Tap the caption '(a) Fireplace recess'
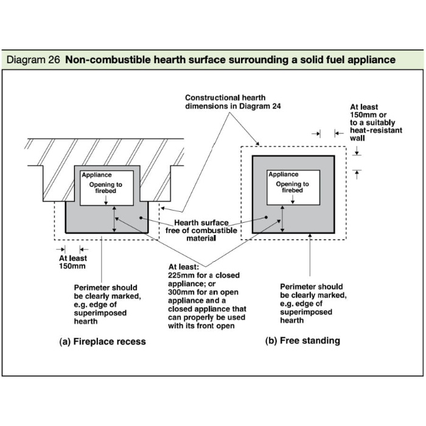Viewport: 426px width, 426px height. click(102, 341)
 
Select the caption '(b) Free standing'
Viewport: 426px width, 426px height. click(302, 341)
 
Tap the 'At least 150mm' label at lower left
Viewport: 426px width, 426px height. click(72, 262)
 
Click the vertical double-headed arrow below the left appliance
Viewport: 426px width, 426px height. click(114, 218)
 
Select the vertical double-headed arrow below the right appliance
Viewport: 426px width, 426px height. click(282, 218)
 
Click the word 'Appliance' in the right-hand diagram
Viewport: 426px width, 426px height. click(284, 175)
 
